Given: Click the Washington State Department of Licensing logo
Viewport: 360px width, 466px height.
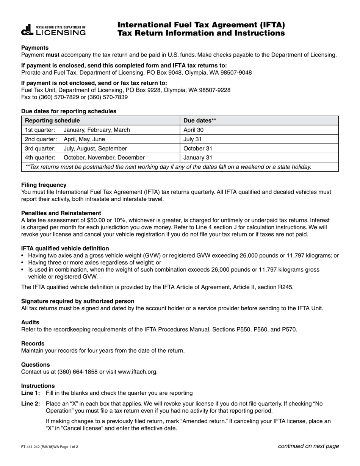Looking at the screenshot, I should [53, 30].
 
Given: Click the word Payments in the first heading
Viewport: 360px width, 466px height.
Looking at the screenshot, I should [35, 48].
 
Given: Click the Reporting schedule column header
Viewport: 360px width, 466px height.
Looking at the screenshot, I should [52, 120].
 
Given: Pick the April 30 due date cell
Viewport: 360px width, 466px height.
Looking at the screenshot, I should [194, 130].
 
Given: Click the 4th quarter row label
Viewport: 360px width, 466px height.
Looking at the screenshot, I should [40, 158].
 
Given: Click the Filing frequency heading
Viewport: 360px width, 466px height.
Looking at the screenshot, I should [44, 185].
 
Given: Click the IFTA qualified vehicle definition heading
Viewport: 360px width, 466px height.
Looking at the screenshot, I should [65, 249].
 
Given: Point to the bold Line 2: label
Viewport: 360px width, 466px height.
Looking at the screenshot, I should [30, 404].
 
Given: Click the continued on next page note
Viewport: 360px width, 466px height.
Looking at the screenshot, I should [308, 446].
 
